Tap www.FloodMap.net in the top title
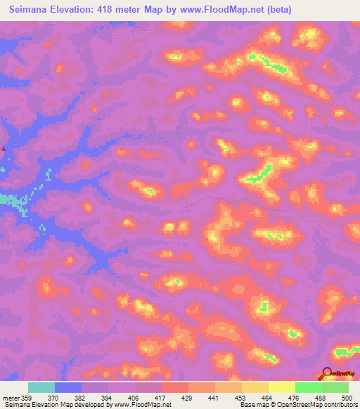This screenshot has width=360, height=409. coord(214,9)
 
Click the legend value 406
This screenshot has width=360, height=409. coord(134,397)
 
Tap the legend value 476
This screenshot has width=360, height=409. coord(295,397)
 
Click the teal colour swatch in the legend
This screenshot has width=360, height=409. coord(41,387)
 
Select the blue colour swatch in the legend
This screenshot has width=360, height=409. coord(68,387)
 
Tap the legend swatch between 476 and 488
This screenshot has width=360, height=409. coord(309,387)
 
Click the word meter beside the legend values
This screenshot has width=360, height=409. coord(10,397)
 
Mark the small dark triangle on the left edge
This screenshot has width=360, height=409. coord(3,148)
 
